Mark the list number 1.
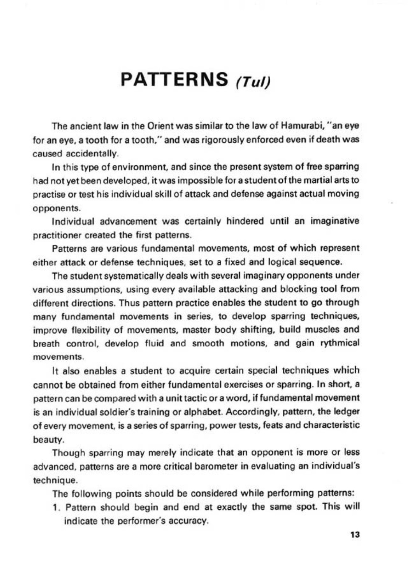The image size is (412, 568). [x=55, y=507]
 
